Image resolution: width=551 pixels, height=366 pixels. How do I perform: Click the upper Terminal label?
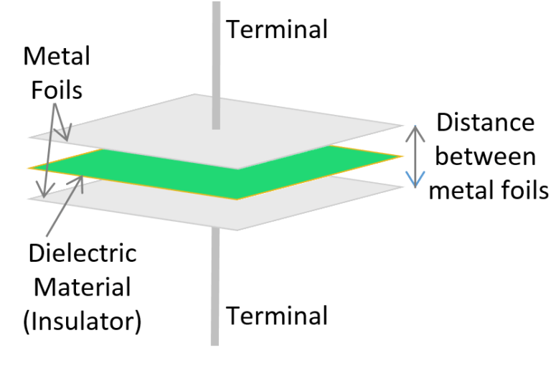(x=277, y=29)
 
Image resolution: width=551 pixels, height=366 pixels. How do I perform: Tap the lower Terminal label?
(x=277, y=315)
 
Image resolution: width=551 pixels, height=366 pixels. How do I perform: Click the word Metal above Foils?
(x=57, y=56)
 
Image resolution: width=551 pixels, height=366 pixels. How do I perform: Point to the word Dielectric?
(x=83, y=253)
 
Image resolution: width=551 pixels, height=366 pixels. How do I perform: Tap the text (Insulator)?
(x=82, y=321)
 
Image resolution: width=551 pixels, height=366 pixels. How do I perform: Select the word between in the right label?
(x=486, y=156)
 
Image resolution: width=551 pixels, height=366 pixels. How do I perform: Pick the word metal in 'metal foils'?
(x=456, y=190)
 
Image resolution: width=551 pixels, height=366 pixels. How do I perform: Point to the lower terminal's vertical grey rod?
(x=215, y=287)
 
